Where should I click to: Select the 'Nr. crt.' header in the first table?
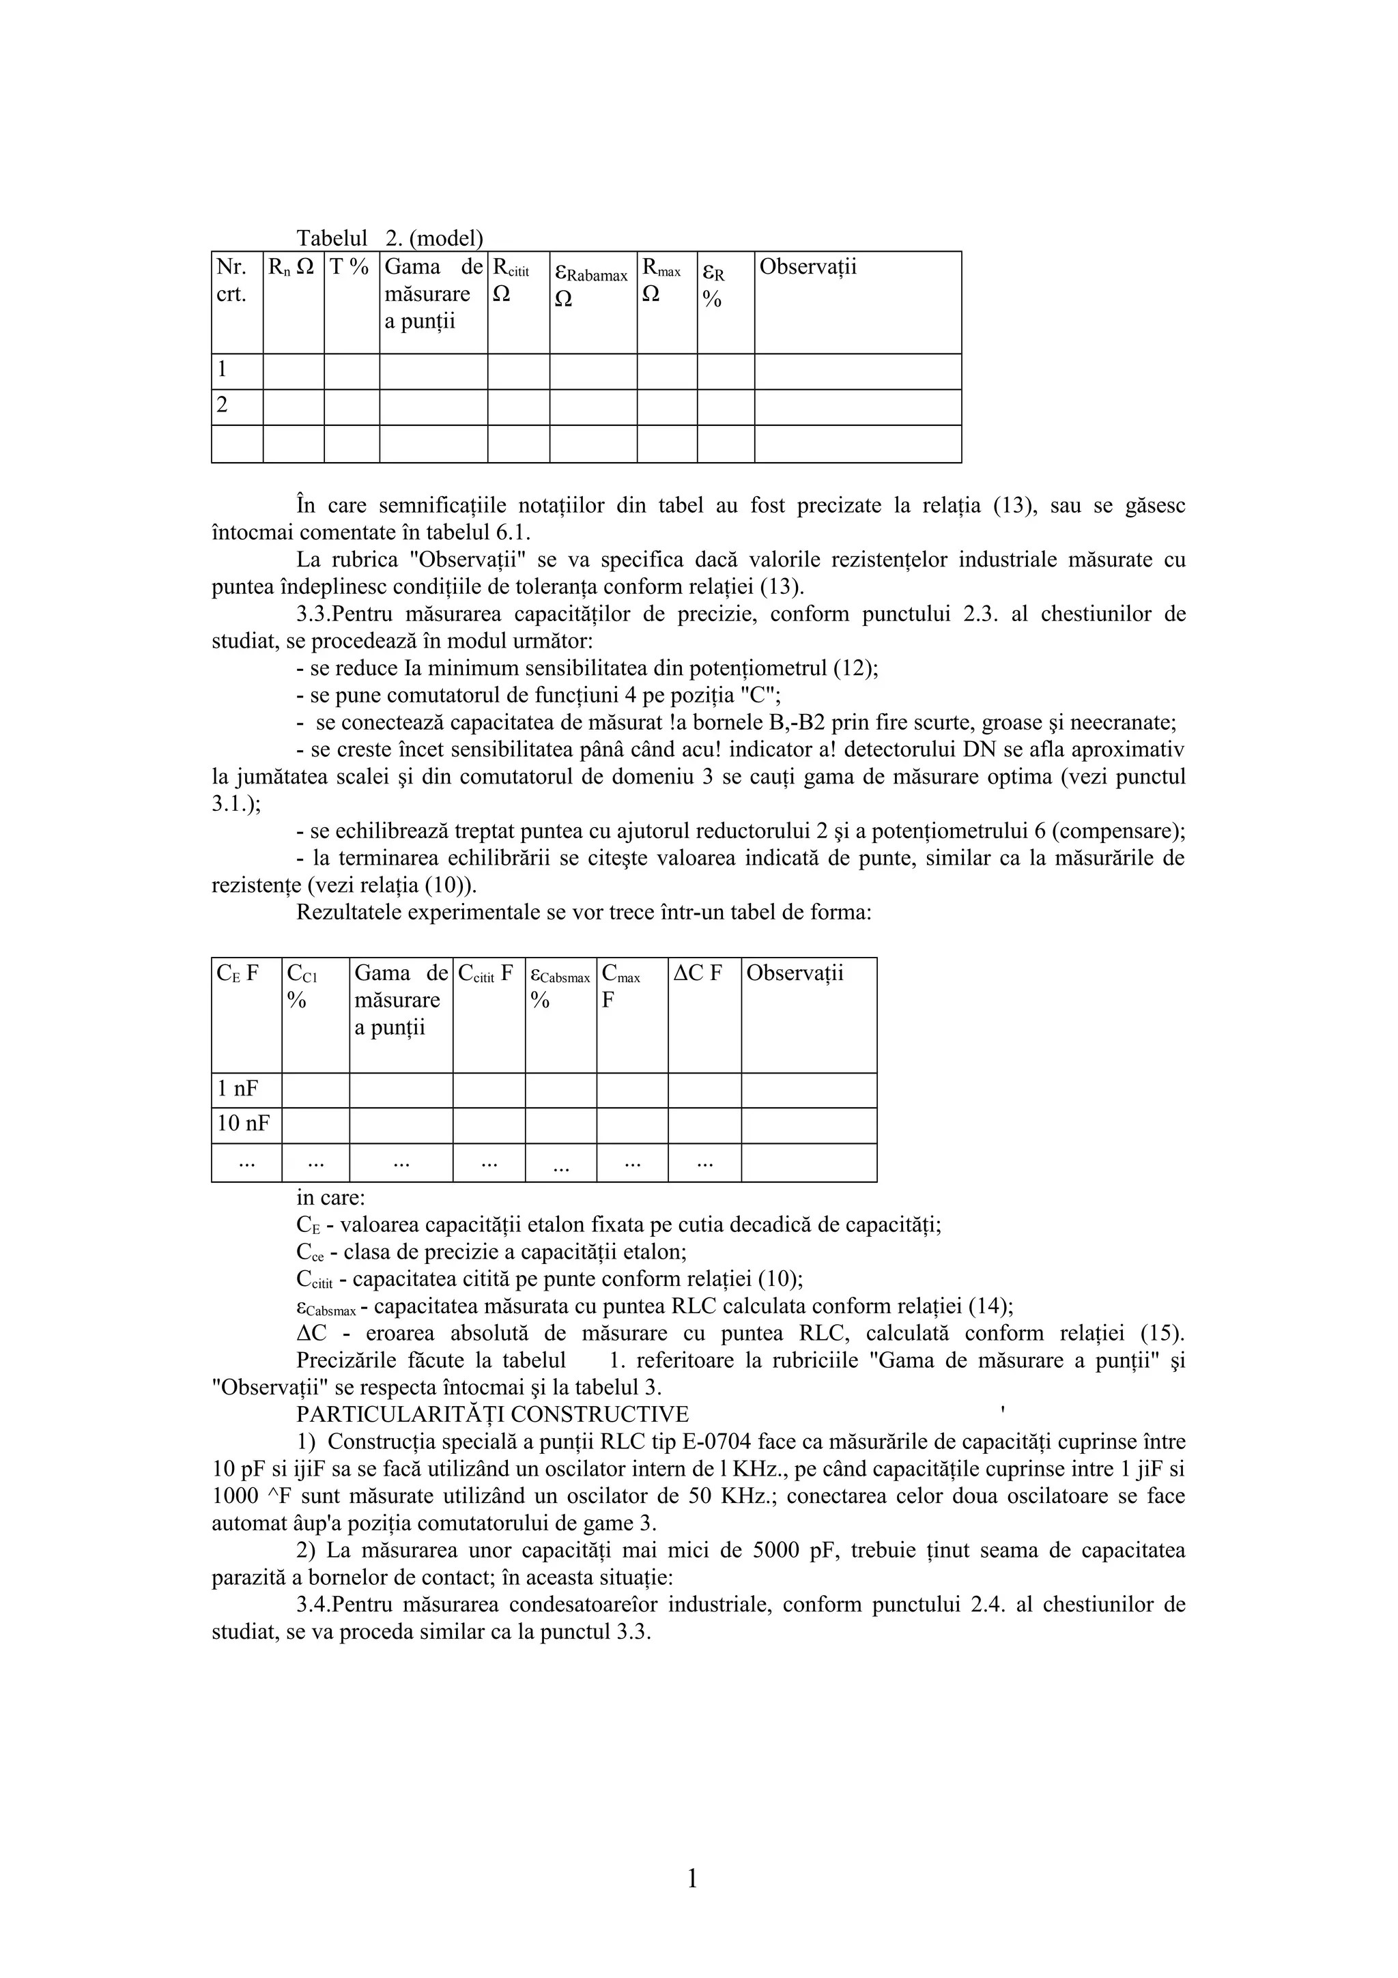point(231,280)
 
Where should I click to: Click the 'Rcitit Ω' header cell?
point(511,280)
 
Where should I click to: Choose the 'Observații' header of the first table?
point(807,267)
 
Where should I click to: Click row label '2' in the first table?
point(223,405)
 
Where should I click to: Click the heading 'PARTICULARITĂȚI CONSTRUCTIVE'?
point(492,1415)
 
